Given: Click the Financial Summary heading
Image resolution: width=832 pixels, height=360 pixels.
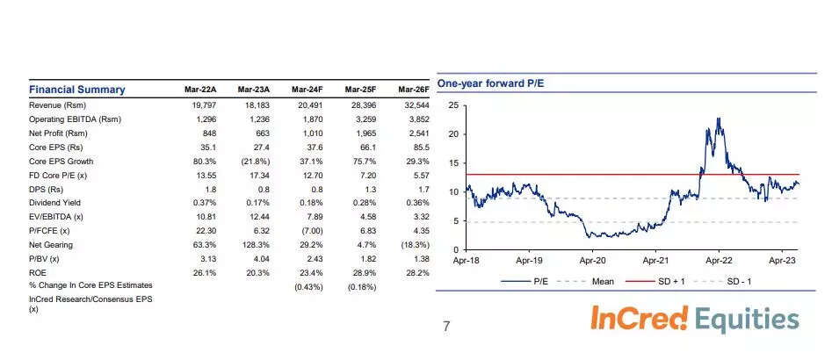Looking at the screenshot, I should pos(77,90).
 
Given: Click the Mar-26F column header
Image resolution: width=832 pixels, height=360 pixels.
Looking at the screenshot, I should pos(414,90).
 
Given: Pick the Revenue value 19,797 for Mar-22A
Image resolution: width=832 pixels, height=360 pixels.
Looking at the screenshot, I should pos(203,104).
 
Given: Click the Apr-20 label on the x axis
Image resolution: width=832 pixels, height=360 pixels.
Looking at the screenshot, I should pos(591,260).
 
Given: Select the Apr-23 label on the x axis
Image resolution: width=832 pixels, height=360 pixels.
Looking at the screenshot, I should pos(783,260).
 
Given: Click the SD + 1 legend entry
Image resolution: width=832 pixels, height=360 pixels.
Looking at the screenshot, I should pos(667,282).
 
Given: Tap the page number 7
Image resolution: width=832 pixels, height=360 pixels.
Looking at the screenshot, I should pos(446,328).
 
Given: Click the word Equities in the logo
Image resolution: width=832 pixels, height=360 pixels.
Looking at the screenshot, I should pos(747,319).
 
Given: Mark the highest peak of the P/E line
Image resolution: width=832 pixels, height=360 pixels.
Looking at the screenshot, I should pos(719,118).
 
